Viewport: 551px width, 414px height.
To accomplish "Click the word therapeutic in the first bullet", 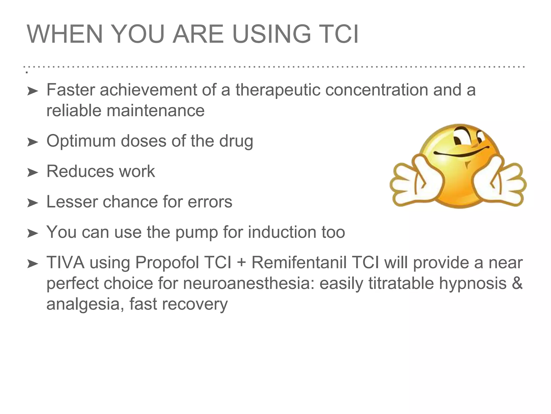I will [278, 90].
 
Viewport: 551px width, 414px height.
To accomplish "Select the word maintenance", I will [156, 111].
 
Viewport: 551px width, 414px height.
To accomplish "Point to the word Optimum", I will [81, 141].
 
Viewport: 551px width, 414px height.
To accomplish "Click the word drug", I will [236, 141].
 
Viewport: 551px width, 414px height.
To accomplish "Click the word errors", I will [210, 202].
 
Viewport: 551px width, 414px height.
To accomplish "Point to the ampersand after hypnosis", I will [517, 283].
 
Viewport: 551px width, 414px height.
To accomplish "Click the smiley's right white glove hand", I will [500, 183].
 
